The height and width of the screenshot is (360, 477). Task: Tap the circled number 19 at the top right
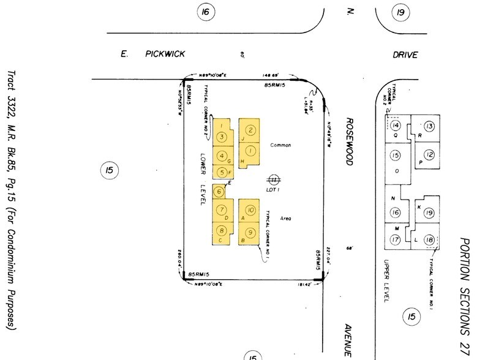(x=401, y=12)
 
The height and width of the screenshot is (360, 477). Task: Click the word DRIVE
(x=405, y=55)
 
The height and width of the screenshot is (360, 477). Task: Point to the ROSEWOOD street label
(x=349, y=141)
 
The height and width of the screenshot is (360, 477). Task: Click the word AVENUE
(x=347, y=340)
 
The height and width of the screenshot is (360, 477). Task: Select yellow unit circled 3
(x=222, y=137)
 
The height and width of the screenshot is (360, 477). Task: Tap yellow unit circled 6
(x=219, y=191)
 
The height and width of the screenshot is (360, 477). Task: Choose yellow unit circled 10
(x=250, y=209)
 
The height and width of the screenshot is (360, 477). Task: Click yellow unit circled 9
(x=250, y=233)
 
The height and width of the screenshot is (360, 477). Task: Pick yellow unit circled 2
(x=250, y=130)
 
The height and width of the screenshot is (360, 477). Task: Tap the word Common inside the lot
(x=280, y=145)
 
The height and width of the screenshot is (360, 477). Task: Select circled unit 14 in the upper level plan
(x=396, y=126)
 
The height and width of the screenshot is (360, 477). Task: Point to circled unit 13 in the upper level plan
(x=429, y=126)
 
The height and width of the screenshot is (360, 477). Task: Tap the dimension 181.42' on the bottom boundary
(x=304, y=284)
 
